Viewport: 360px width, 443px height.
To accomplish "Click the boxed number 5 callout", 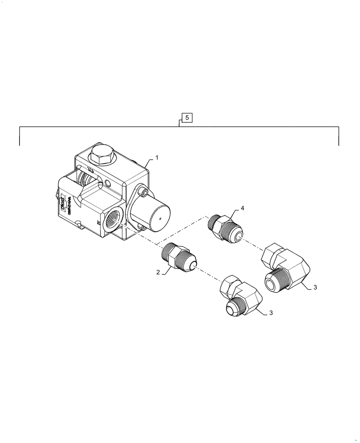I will [187, 118].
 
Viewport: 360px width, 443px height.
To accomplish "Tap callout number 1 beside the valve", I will [156, 157].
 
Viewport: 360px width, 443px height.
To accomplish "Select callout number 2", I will [157, 273].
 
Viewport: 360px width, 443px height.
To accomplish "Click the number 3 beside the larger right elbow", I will [315, 288].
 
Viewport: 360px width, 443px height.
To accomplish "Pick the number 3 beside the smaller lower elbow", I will [271, 313].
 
